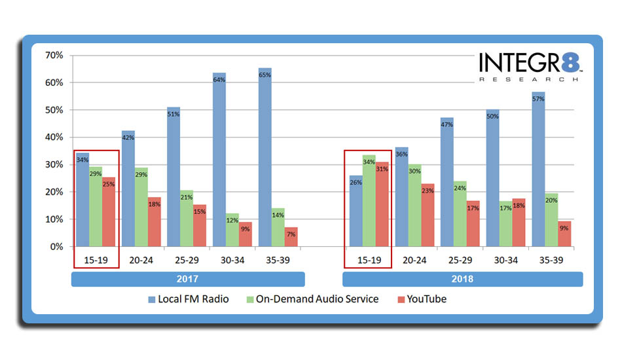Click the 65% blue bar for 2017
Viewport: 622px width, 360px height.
(x=265, y=157)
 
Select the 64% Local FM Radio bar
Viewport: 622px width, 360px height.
(x=219, y=160)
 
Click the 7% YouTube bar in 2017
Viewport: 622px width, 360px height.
(x=291, y=237)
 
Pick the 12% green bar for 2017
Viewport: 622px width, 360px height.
(x=232, y=230)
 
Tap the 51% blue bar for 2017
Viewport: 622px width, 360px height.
(x=174, y=177)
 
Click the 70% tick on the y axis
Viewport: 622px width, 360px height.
(x=54, y=56)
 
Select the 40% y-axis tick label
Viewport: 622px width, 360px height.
(x=54, y=137)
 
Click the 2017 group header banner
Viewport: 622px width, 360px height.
(x=188, y=279)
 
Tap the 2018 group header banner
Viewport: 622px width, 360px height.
(x=462, y=279)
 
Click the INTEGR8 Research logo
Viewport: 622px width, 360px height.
(x=530, y=67)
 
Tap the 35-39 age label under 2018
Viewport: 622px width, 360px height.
(x=551, y=259)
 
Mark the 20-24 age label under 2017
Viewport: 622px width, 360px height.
(x=141, y=259)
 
